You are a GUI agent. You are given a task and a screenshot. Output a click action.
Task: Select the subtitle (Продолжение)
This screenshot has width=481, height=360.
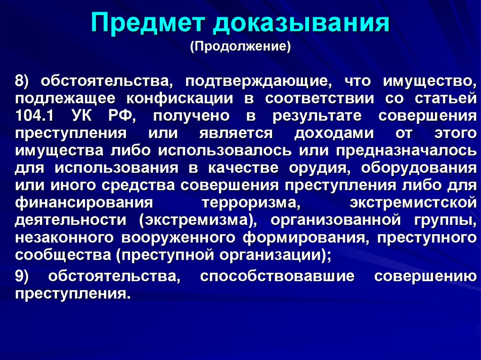240,47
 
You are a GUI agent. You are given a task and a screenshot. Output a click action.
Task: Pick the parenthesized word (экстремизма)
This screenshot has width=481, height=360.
194,220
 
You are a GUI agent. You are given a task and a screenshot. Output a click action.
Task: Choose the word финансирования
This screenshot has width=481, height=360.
85,203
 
